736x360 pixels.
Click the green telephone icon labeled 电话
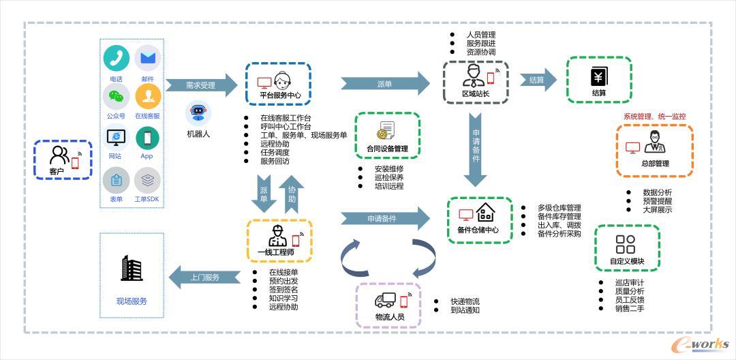pos(117,59)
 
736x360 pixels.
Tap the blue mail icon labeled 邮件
pos(147,59)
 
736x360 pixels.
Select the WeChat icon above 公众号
pos(117,96)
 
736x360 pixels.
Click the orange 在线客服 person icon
pos(147,96)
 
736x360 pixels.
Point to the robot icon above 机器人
pos(198,112)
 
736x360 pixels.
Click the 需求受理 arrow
pos(200,85)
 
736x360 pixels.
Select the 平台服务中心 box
pos(279,85)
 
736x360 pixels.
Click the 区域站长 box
pos(476,81)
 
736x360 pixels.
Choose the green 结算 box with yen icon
pos(599,80)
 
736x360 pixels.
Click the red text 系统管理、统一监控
pos(654,117)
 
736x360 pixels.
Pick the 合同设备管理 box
pos(387,136)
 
